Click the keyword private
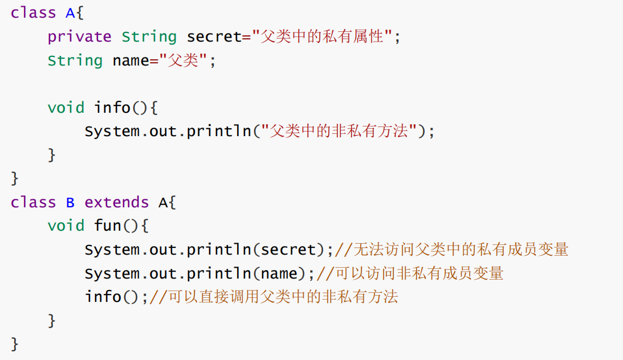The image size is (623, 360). click(79, 37)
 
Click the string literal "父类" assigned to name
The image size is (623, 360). click(183, 61)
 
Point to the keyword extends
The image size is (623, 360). click(116, 202)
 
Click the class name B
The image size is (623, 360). click(70, 202)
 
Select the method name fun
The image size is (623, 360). click(107, 226)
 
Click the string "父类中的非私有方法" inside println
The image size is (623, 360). click(339, 132)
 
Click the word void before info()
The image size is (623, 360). click(66, 108)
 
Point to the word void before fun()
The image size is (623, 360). click(66, 226)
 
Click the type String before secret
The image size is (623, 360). click(149, 37)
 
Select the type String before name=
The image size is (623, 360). click(75, 61)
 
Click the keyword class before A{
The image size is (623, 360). click(33, 13)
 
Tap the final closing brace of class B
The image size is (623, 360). click(15, 344)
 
